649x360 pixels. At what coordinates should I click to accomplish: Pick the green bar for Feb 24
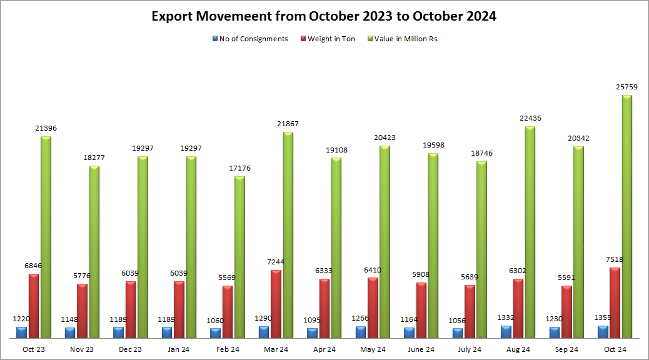[240, 257]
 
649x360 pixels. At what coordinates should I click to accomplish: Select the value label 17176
[239, 168]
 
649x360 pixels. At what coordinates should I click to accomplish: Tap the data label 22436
[530, 118]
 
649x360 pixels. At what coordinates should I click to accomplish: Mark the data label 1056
[458, 321]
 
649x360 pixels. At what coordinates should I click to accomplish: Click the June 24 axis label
[421, 349]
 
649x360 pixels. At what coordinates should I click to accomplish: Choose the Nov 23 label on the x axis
[82, 349]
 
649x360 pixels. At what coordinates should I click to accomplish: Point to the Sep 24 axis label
[566, 349]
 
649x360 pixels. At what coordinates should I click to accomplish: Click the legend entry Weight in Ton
[331, 39]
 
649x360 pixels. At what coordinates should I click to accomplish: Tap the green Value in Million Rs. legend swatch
[370, 39]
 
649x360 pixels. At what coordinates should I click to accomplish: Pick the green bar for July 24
[481, 250]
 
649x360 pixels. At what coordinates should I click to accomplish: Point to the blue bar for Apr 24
[313, 333]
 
